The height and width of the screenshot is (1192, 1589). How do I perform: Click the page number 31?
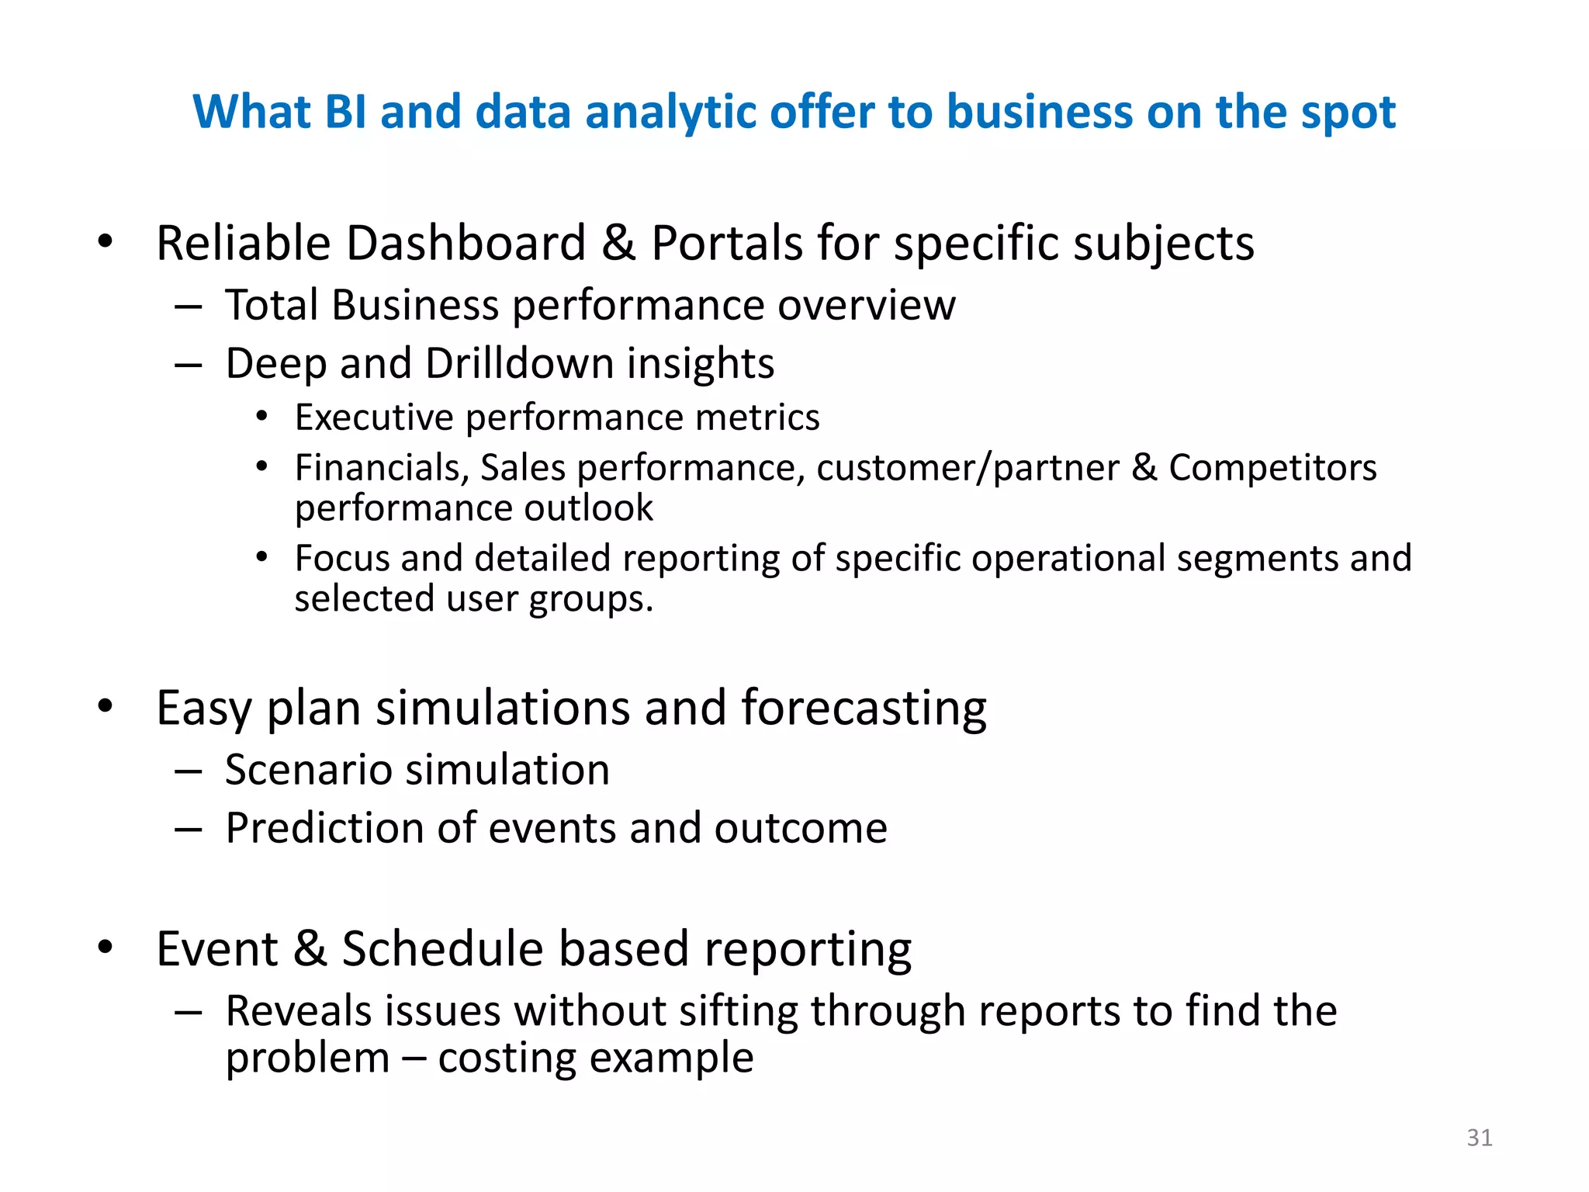tap(1479, 1138)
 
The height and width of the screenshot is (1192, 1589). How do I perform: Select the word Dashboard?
tap(466, 244)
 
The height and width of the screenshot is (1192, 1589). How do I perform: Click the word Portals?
tap(726, 244)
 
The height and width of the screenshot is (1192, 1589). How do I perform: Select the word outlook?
tap(588, 508)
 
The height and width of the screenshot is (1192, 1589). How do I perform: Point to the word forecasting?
tap(864, 709)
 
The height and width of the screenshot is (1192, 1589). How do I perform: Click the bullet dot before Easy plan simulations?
tap(106, 706)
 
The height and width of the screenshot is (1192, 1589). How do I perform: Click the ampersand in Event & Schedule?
tap(310, 949)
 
